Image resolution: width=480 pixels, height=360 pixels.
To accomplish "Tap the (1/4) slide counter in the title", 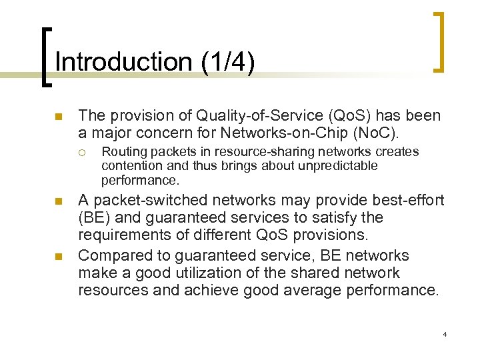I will coord(227,62).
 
